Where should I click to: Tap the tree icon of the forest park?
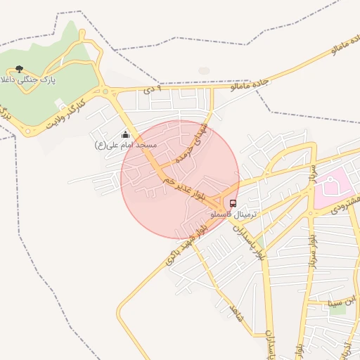click(19, 69)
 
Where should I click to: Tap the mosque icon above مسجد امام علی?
click(126, 134)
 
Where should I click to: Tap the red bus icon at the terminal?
click(233, 203)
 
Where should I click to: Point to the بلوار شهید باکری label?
click(186, 244)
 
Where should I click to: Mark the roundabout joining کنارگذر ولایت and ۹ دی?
click(105, 91)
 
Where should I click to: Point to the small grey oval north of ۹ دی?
click(204, 70)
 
